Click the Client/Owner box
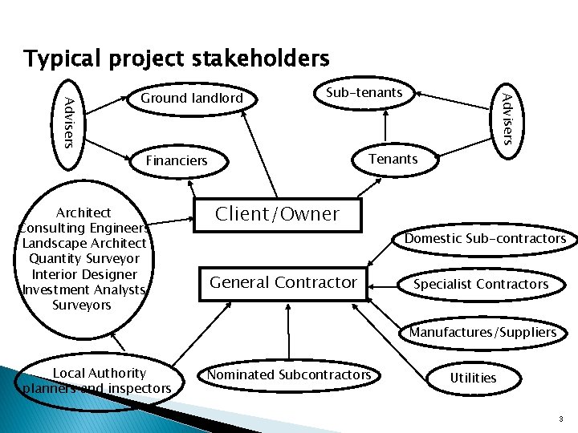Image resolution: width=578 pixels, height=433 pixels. (277, 215)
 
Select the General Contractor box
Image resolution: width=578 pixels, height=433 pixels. (283, 282)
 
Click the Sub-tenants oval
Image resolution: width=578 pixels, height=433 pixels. (364, 93)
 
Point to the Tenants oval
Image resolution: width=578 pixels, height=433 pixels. (393, 159)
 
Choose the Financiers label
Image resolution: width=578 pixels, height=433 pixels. (177, 160)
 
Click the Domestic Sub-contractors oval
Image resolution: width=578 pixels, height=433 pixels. (485, 238)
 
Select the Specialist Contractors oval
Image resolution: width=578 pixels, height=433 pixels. (481, 284)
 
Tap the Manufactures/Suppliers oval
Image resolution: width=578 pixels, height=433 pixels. (482, 332)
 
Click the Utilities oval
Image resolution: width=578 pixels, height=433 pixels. (473, 378)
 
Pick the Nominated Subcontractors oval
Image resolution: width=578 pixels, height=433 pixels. (289, 374)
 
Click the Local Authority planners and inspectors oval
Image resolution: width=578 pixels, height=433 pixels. (98, 381)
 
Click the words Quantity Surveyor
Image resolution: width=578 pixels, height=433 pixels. (83, 258)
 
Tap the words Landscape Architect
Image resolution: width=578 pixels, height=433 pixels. (84, 243)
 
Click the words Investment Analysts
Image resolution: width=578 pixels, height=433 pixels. (83, 289)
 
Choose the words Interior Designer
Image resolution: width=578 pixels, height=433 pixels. (83, 274)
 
